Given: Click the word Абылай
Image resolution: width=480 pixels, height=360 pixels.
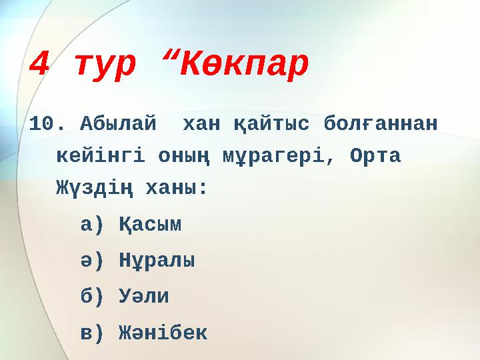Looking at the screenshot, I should tap(119, 124).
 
